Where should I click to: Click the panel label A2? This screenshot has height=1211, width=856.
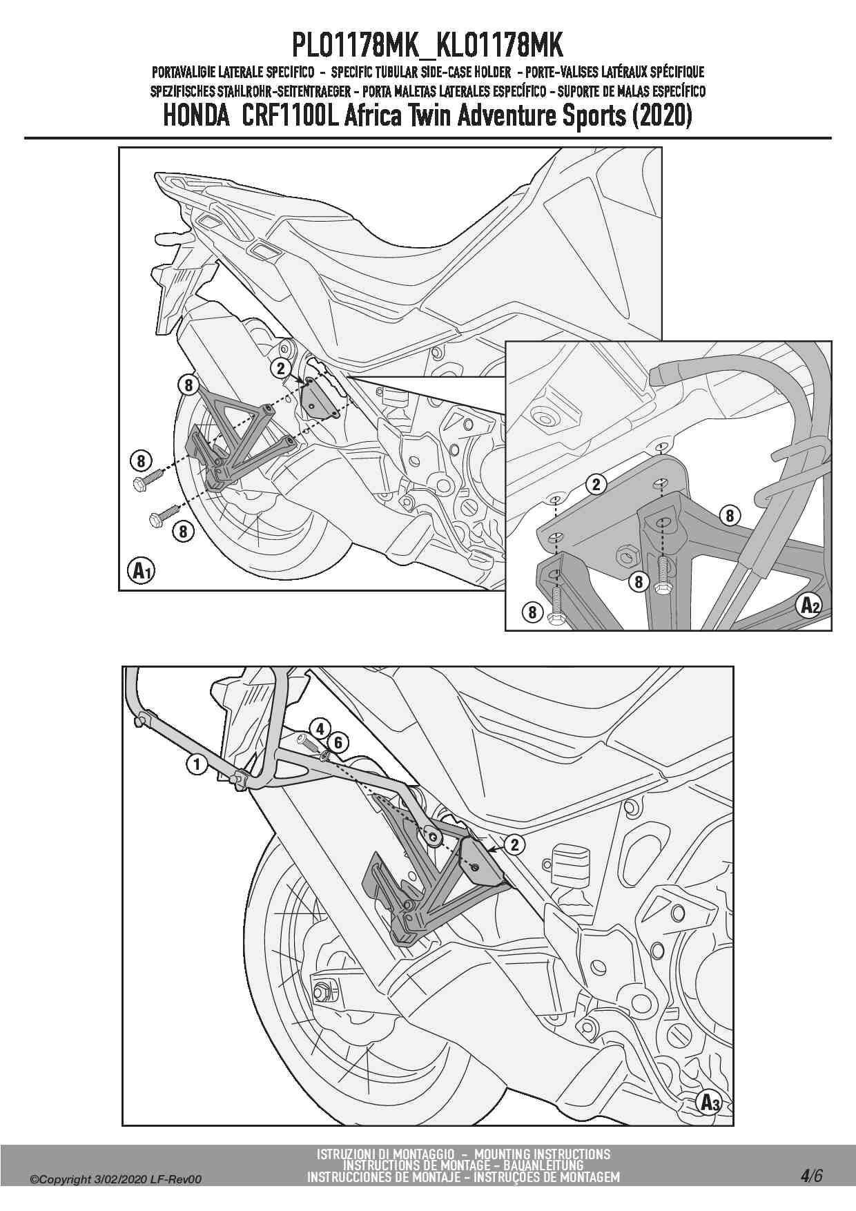809,605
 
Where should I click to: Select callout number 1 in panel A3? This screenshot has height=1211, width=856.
197,764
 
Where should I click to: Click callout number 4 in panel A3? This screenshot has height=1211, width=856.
320,728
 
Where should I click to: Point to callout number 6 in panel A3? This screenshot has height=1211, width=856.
338,743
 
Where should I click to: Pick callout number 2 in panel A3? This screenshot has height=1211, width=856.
515,844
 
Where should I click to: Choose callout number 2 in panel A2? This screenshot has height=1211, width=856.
596,484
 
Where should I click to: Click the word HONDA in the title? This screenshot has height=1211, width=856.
196,115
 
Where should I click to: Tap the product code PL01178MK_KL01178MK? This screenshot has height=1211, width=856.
428,46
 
